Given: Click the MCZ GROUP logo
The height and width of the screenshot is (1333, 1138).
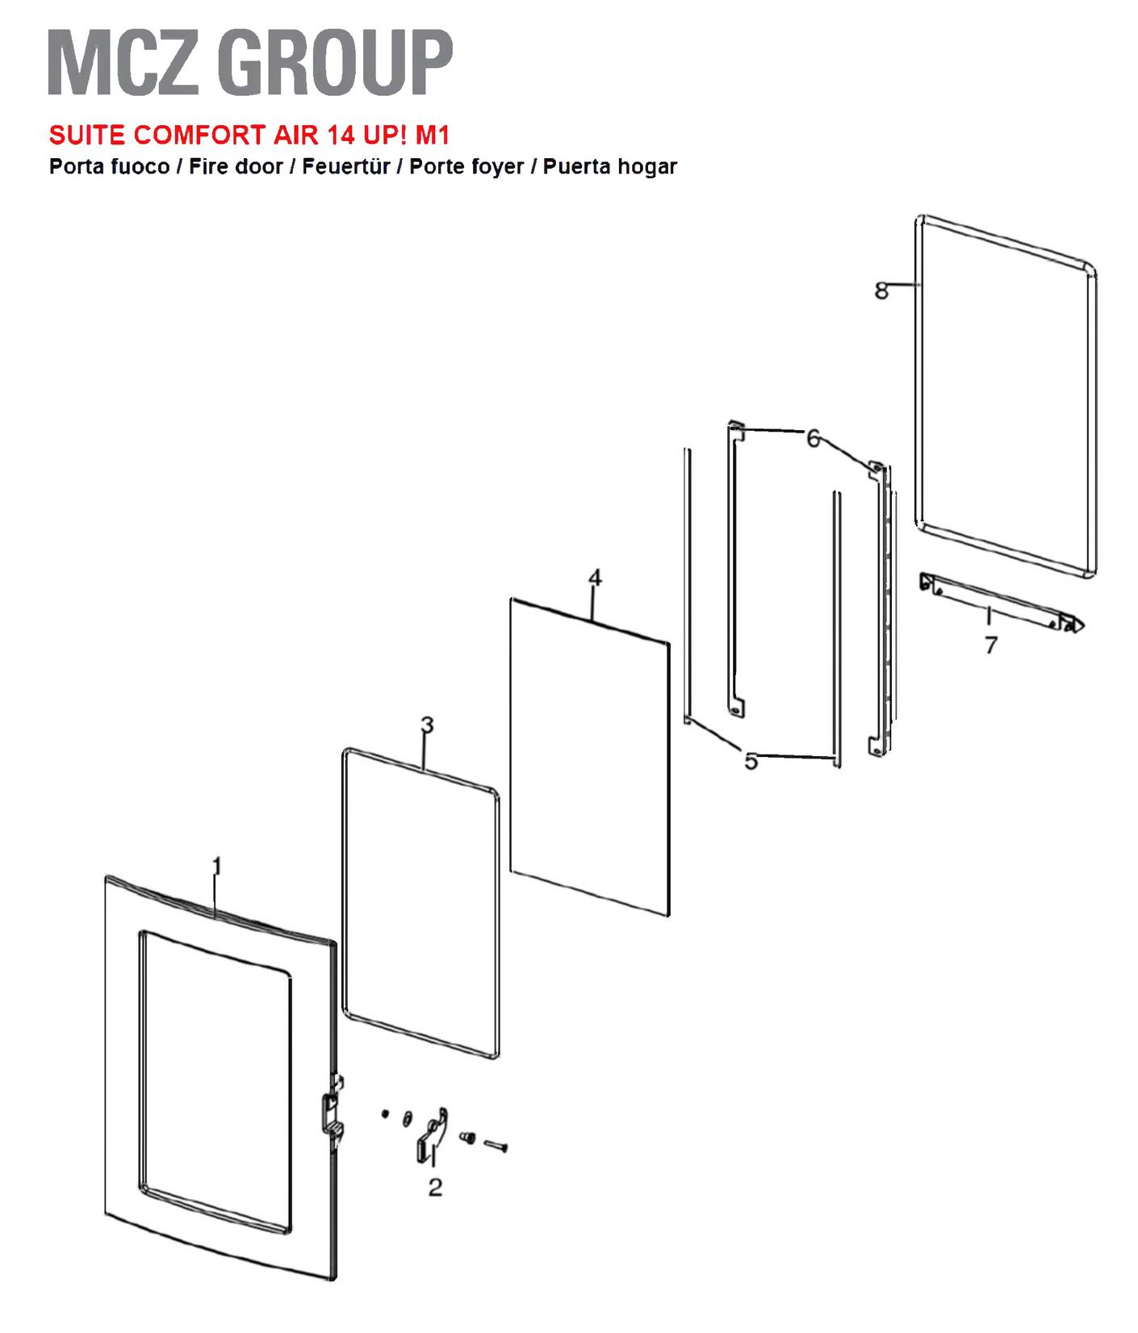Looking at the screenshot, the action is click(x=250, y=63).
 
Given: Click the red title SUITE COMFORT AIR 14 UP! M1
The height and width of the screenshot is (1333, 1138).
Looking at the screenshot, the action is click(x=249, y=134).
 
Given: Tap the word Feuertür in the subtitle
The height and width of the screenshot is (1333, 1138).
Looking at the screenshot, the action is click(x=346, y=166).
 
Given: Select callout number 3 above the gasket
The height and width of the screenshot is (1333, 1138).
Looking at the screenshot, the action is click(x=427, y=725).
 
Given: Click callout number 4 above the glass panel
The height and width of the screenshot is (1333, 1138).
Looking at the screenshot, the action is click(x=595, y=577).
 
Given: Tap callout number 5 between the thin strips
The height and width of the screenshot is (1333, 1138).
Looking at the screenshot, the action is click(x=751, y=761).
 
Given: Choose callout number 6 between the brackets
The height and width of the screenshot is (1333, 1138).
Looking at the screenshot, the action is click(x=813, y=438).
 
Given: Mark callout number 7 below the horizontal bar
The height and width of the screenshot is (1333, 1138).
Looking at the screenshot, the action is click(x=991, y=645).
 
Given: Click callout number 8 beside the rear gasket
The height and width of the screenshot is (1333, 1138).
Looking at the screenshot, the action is click(x=881, y=290).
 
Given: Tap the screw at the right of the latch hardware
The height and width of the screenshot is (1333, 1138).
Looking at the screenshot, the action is click(x=496, y=1145).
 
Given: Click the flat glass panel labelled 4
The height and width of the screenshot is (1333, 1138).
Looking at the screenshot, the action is click(x=590, y=756).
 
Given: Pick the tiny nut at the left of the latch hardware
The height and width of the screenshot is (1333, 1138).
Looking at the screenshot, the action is click(x=385, y=1114).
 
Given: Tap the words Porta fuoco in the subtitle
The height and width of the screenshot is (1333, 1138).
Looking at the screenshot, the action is click(x=109, y=166).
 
